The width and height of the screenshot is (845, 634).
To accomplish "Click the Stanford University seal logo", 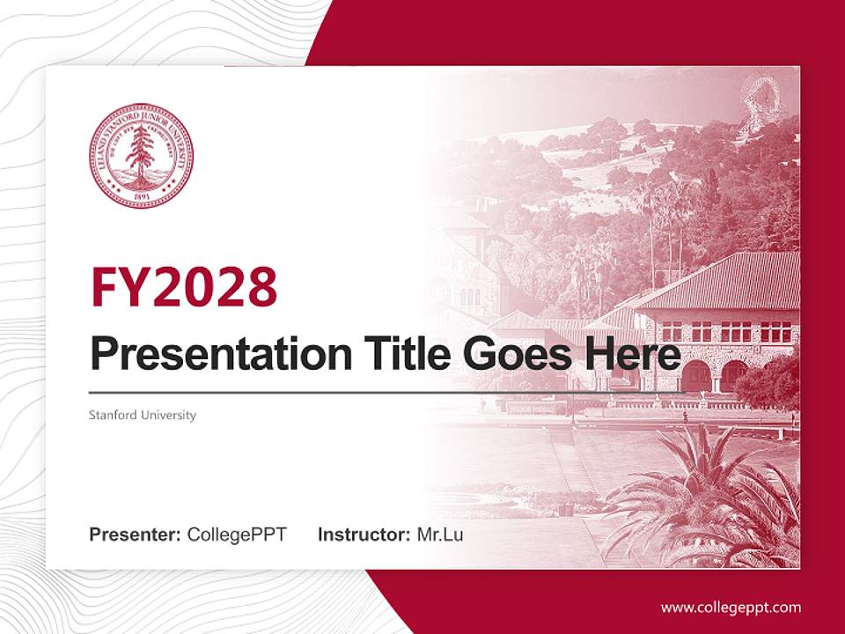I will click(x=141, y=156).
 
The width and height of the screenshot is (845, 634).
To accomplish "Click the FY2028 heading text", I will click(x=184, y=286).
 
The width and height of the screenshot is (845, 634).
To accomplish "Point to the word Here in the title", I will click(x=636, y=354).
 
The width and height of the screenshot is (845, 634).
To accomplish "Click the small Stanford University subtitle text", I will click(x=143, y=415).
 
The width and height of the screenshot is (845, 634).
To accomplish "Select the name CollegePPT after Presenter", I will click(x=237, y=534).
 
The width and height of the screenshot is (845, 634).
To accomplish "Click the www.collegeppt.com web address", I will click(x=731, y=607).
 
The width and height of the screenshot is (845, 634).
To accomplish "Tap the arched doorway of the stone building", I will click(x=697, y=377).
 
